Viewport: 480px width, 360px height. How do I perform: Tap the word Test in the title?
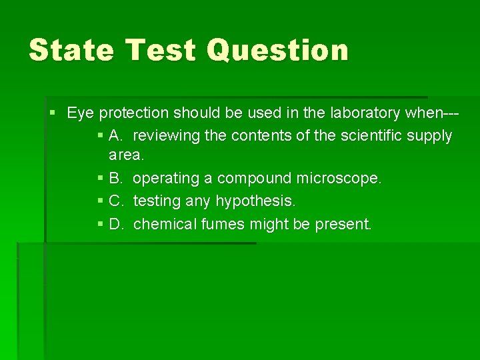(164, 50)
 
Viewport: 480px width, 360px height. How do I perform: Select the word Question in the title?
(277, 50)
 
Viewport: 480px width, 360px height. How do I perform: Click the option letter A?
(116, 136)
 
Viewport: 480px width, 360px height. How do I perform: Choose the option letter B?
(116, 179)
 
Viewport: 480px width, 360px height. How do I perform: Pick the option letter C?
(116, 201)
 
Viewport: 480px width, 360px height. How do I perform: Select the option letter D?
(116, 224)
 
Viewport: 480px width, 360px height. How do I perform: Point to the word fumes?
(221, 224)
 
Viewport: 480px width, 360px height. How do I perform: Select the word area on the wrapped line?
(126, 156)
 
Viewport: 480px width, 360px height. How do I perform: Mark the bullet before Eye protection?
(53, 113)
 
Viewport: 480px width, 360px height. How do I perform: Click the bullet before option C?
(100, 201)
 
